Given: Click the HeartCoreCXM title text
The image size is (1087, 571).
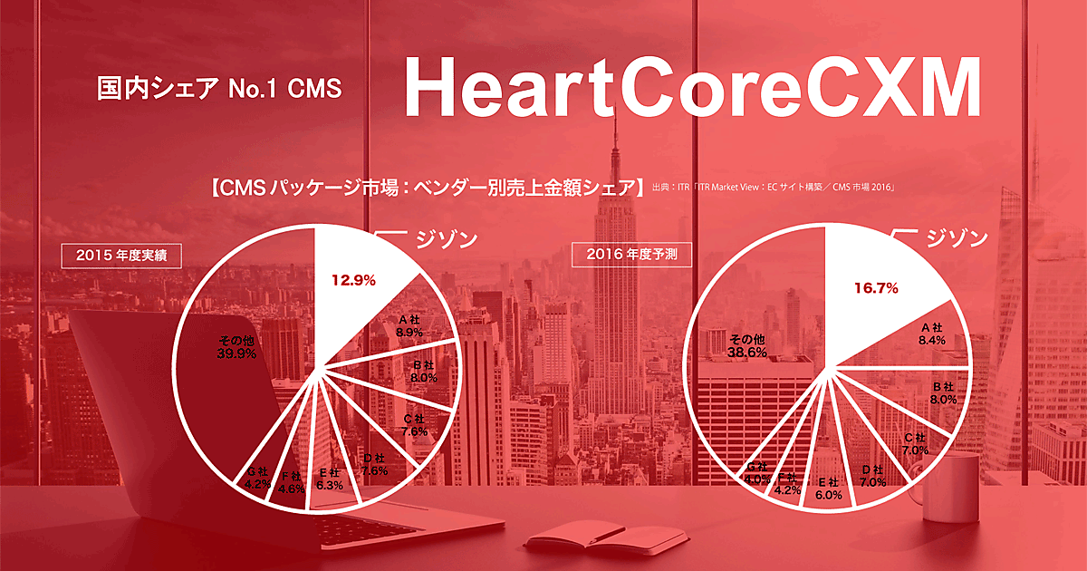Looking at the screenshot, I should click(692, 87).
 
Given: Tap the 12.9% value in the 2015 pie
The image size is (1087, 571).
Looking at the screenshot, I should click(353, 280).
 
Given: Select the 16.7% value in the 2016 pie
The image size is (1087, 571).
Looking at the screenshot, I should click(875, 288).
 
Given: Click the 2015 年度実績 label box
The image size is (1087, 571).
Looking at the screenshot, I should click(121, 256).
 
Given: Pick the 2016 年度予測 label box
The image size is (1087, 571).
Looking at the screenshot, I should click(632, 256).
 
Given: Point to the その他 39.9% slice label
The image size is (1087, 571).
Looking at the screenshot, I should click(236, 346).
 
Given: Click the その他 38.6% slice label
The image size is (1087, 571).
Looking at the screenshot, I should click(747, 344).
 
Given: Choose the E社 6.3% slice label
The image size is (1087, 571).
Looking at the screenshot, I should click(329, 479).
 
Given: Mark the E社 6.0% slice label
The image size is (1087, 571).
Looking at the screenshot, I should click(829, 489).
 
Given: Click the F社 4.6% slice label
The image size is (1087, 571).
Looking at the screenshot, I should click(291, 482).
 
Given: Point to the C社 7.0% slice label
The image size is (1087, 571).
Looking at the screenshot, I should click(917, 444).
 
